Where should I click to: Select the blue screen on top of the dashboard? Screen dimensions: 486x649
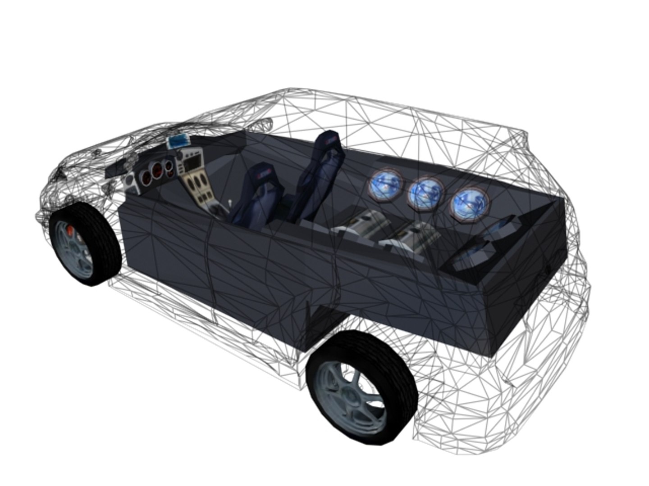[x=179, y=141]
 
